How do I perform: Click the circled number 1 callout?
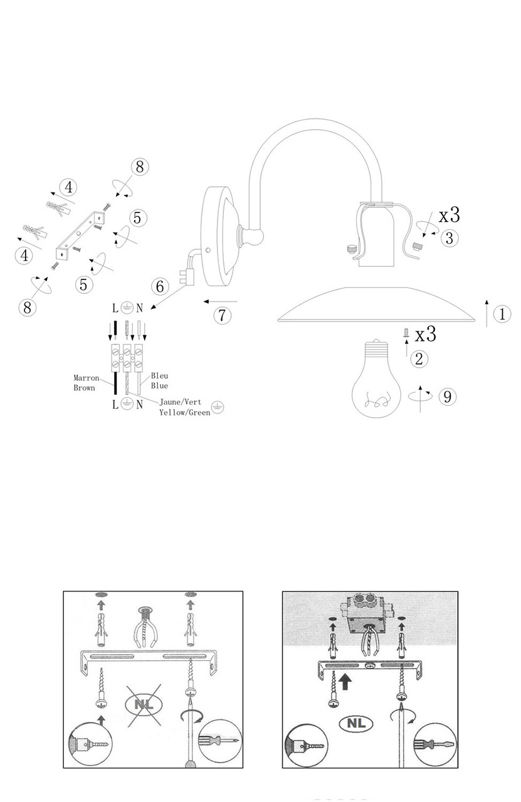click(502, 314)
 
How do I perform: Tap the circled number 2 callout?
click(419, 359)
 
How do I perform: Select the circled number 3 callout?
click(450, 238)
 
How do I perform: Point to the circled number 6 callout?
click(160, 286)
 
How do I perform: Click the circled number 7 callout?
click(222, 315)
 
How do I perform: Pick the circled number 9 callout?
click(447, 397)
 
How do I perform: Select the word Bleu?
click(159, 376)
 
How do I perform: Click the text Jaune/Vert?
click(179, 404)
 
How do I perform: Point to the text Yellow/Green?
click(184, 413)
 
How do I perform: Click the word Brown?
click(84, 388)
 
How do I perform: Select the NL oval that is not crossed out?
click(355, 724)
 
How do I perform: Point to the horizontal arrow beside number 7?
click(220, 301)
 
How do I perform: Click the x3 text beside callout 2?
click(426, 334)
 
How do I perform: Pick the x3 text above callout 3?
click(450, 215)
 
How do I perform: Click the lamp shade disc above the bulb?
click(376, 307)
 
